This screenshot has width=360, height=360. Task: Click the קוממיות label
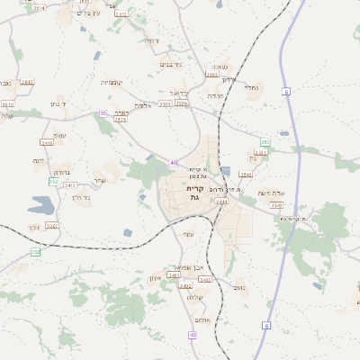(x=112, y=82)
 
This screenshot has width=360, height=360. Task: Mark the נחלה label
(x=254, y=88)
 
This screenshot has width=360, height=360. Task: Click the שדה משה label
(x=270, y=193)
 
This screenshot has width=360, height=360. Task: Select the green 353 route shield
(x=265, y=142)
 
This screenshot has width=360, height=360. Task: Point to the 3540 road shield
(x=246, y=174)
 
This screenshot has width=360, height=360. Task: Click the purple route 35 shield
(x=103, y=112)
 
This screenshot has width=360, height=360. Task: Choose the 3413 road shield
(x=69, y=184)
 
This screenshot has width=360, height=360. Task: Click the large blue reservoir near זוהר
(x=40, y=204)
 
